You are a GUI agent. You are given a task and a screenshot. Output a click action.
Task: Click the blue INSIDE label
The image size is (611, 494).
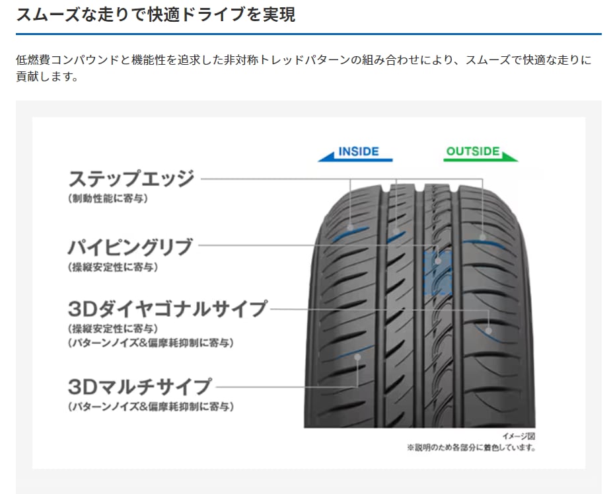[x=359, y=151]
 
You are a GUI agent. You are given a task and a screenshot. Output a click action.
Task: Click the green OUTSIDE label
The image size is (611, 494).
[x=473, y=151]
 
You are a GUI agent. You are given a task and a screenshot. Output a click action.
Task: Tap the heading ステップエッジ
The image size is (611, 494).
[x=131, y=179]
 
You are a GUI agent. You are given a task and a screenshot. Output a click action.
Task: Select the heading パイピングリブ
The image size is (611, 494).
[x=130, y=247]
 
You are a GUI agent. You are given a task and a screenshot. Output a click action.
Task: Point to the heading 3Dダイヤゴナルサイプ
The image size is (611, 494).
[x=168, y=309]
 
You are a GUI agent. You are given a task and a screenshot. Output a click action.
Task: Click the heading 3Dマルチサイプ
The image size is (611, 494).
[x=139, y=386]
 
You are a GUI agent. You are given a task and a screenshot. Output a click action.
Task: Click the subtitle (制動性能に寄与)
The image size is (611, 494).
[x=108, y=198]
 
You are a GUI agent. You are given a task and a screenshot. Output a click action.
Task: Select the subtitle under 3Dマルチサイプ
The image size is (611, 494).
[x=151, y=405]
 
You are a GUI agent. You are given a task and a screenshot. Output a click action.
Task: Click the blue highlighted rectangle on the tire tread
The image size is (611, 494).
[x=436, y=272]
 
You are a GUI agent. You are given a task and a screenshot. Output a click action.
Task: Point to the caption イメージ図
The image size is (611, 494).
[x=519, y=436]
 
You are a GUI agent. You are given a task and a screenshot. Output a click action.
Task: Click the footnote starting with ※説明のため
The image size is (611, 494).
[x=471, y=448]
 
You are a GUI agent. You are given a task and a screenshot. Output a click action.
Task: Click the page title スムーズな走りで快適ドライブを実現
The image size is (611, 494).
[x=156, y=15]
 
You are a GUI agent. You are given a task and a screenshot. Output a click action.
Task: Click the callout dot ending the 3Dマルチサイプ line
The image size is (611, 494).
[x=357, y=356]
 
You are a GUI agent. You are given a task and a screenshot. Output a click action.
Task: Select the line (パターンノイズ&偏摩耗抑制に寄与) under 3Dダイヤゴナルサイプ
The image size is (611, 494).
[x=151, y=343]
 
